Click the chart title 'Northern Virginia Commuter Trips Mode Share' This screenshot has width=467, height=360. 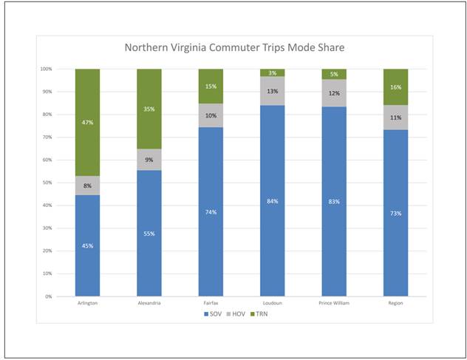pos(234,48)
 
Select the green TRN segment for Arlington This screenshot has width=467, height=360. pos(87,122)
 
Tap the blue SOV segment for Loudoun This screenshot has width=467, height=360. pos(272,200)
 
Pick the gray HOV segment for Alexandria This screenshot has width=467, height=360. pos(149,160)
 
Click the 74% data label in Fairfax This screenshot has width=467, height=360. pos(211,211)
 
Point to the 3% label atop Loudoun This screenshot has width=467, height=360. pos(272,72)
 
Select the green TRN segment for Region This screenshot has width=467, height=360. pos(395,86)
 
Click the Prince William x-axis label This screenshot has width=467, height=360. pos(333,303)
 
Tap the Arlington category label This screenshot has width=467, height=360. pos(87,303)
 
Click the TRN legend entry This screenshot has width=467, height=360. pos(255,314)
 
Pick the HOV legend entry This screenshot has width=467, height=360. pos(233,314)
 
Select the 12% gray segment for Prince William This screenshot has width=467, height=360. pos(333,93)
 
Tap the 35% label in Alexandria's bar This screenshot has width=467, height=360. pos(149,109)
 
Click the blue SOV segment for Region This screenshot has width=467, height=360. pos(395,213)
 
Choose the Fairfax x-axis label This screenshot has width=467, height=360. pos(211,303)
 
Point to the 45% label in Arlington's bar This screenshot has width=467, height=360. pos(87,245)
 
